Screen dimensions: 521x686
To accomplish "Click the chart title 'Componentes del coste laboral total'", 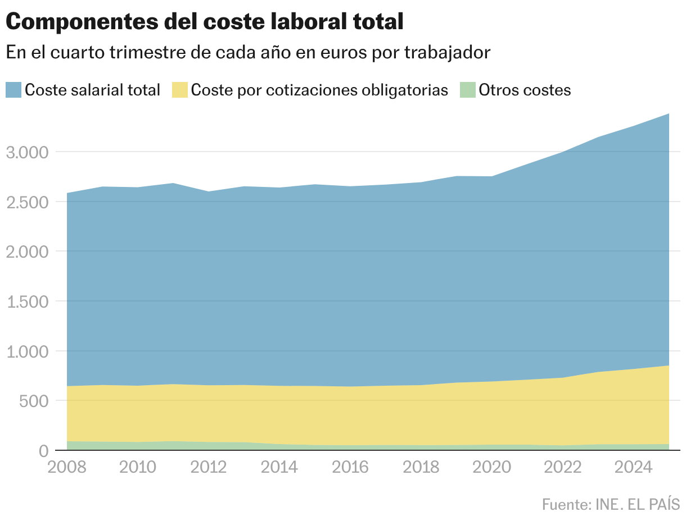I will [205, 22].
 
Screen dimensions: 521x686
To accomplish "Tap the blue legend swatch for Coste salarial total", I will [13, 90].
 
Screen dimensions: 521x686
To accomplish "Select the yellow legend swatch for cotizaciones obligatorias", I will [180, 90].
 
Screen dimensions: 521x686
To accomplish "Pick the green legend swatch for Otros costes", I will [467, 90].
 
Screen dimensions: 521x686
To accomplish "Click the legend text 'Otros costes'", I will [524, 90].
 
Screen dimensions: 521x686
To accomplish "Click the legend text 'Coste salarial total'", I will [93, 90].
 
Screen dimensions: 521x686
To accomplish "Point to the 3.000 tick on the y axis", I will [28, 152].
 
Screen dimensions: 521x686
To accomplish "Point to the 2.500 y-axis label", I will [28, 202].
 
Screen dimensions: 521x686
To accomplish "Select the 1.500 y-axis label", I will [28, 301].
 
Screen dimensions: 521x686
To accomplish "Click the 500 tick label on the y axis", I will [39, 401].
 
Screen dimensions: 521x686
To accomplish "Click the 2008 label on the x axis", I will [67, 468].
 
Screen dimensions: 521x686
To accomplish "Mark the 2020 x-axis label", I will [491, 468].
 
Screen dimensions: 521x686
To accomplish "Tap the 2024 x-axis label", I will [634, 468].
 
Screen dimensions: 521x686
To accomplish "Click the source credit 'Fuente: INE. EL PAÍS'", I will [611, 504].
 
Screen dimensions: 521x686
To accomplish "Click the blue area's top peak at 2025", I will [669, 114].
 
